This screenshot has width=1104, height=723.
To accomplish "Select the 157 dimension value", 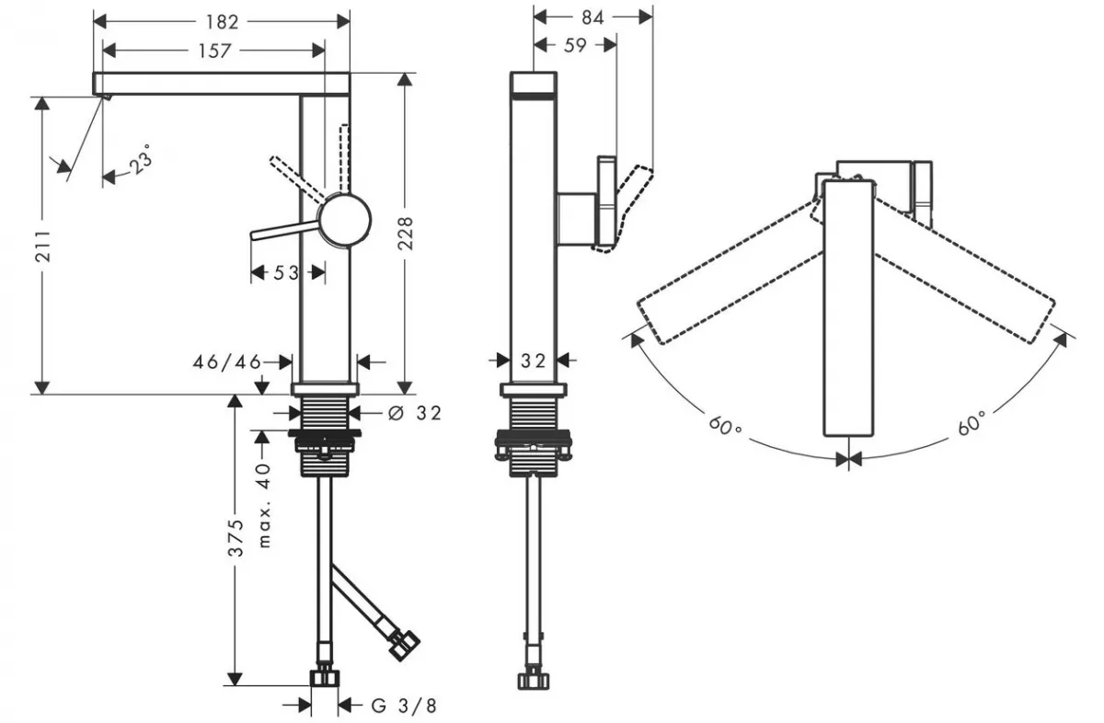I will (214, 51).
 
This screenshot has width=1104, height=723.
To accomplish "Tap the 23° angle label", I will (140, 163).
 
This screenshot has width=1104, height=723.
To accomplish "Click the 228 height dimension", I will (405, 233).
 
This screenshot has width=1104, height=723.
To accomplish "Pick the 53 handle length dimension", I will (286, 272).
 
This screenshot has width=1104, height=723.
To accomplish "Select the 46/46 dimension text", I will (226, 361).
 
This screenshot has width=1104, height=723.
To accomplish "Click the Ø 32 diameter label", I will (415, 413).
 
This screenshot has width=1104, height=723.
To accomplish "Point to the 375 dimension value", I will (236, 538).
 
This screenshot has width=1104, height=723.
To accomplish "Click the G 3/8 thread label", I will (402, 706).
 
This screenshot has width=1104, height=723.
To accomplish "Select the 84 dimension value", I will (592, 17).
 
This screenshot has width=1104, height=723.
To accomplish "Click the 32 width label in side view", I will (534, 361).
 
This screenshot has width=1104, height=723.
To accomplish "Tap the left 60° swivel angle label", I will (726, 428).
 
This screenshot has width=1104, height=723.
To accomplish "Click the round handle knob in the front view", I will (344, 219).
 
